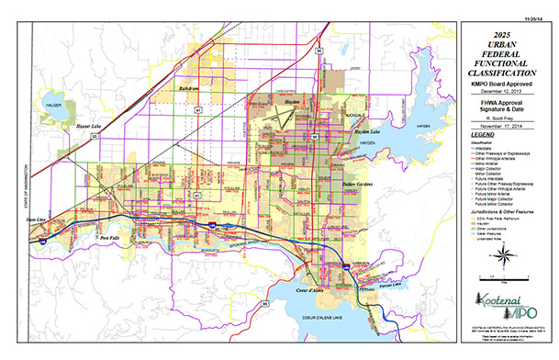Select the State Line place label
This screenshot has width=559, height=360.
[x=36, y=220]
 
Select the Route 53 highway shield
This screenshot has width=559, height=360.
[x=93, y=135]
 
